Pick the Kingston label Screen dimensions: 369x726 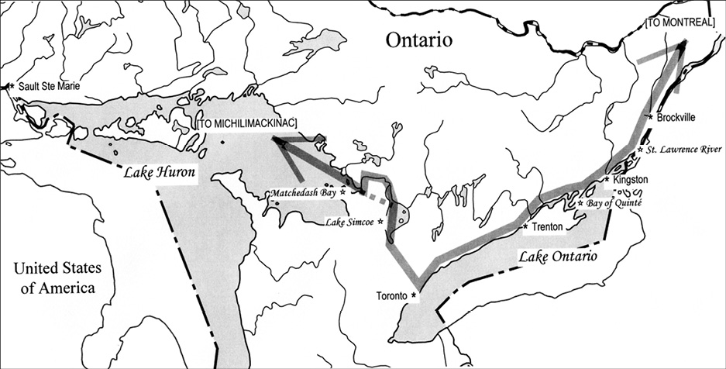point(629,179)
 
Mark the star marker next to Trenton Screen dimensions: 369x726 point(526,226)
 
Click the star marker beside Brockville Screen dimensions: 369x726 point(649,116)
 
